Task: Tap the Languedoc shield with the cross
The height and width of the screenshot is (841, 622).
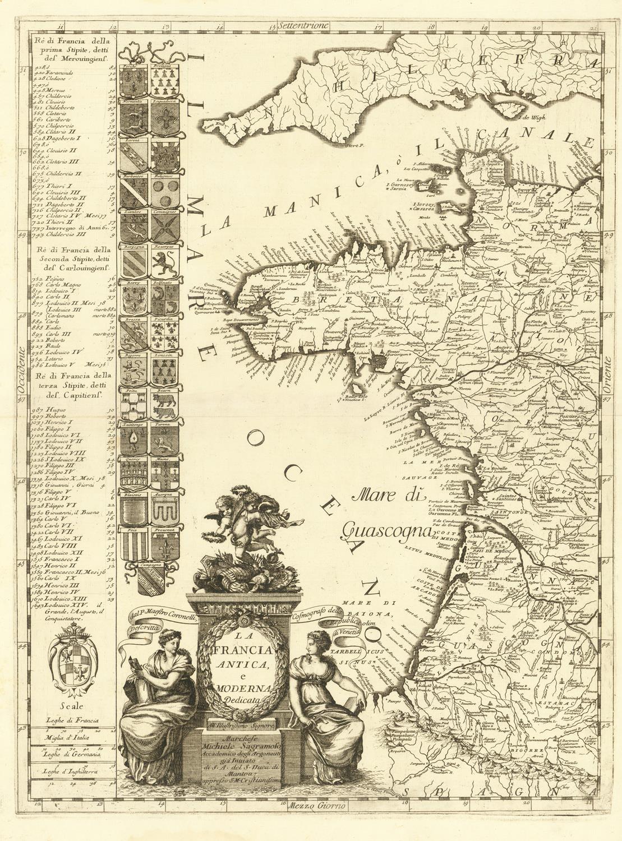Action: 165,118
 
